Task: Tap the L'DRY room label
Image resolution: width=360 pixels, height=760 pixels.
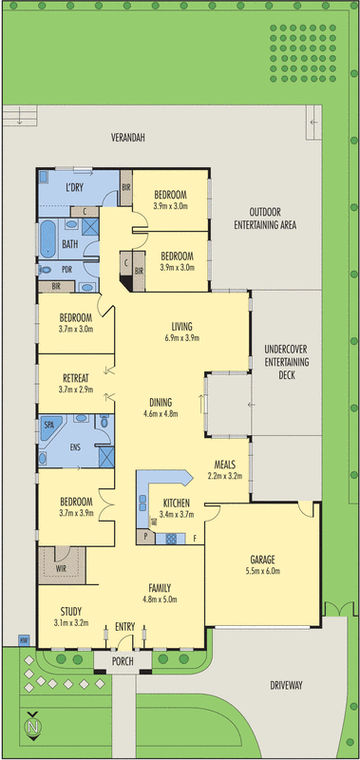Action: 76,186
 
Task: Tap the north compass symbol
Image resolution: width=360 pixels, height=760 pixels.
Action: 34,727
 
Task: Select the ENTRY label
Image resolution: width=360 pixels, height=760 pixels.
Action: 124,626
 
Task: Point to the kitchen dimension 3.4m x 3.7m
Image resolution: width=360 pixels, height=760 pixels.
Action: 178,514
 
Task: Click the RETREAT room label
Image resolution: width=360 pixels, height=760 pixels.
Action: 75,376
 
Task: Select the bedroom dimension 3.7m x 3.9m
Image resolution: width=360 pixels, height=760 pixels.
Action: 75,513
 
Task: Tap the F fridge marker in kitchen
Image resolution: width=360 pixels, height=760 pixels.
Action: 195,539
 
